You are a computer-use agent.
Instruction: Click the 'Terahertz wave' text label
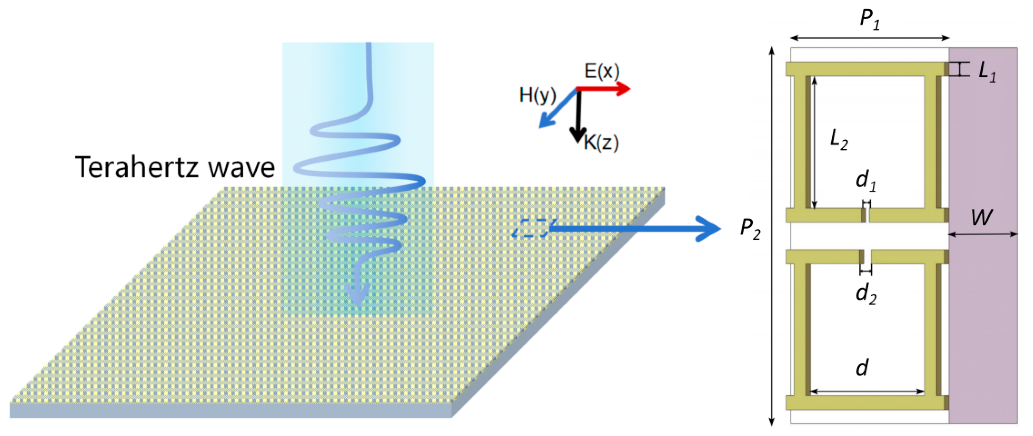tap(175, 167)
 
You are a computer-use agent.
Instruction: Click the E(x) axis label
tap(602, 71)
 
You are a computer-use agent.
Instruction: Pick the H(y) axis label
tap(538, 96)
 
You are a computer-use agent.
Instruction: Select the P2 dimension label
tap(750, 229)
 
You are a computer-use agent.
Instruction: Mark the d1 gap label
tap(866, 180)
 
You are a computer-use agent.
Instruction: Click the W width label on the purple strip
tap(981, 218)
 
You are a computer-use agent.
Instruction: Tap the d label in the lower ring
tap(862, 367)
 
